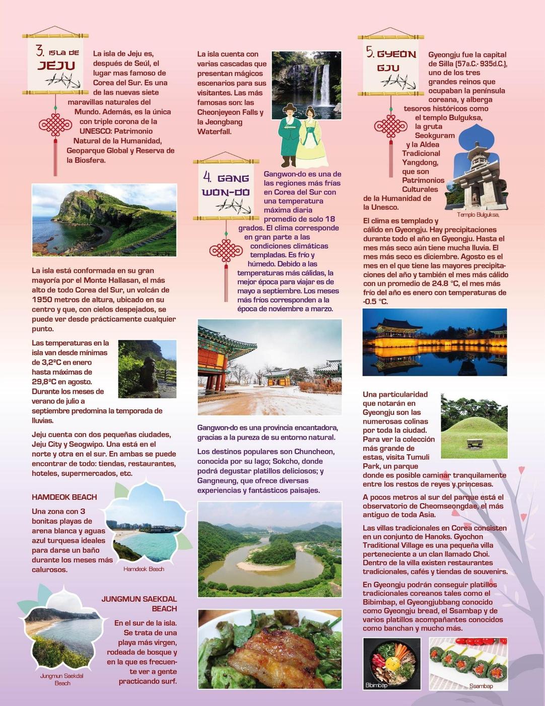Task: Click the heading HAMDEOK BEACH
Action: click(64, 497)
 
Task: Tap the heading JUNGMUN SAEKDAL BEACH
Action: click(139, 604)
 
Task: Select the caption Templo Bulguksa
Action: click(478, 214)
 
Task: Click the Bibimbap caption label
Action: click(376, 685)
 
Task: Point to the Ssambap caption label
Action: click(481, 686)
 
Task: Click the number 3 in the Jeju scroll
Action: click(40, 50)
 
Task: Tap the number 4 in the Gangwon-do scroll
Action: click(207, 176)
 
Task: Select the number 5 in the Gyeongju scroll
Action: click(370, 52)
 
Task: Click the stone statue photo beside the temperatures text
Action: click(147, 369)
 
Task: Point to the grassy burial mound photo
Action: click(474, 427)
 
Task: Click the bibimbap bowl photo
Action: click(391, 663)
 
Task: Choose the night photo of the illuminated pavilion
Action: click(434, 342)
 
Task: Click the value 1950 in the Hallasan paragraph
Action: click(42, 300)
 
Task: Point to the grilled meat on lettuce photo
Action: click(269, 649)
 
